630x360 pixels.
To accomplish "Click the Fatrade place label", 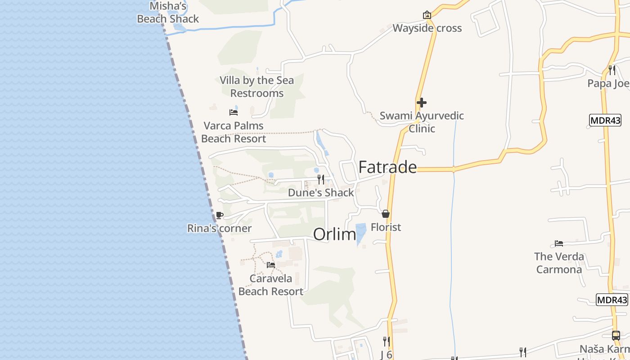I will click(387, 167).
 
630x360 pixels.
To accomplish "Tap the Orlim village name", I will click(334, 234).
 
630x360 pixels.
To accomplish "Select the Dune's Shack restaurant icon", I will click(321, 180).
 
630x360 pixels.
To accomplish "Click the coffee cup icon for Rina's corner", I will click(219, 216).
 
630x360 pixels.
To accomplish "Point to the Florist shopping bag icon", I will click(386, 214).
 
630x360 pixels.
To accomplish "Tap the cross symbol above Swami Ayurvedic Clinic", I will click(422, 103).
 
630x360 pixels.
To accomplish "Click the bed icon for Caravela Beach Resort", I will click(271, 265).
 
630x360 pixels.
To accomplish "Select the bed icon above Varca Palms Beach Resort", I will click(234, 112).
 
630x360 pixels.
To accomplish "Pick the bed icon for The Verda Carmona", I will click(559, 243).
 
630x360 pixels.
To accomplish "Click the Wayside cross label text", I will click(427, 28).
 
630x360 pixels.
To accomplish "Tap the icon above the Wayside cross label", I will click(427, 15).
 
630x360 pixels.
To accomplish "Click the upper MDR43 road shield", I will click(605, 120).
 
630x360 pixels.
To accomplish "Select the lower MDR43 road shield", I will click(612, 300).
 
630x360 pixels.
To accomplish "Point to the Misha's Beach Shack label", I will click(168, 12).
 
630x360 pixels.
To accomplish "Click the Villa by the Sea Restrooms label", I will click(256, 87).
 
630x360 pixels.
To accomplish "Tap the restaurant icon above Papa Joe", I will click(612, 70).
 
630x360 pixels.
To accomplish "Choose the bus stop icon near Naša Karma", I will click(616, 336).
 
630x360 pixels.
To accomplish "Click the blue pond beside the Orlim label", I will click(361, 234).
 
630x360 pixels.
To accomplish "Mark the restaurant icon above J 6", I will click(386, 342).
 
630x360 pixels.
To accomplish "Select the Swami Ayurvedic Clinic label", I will click(422, 122).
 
